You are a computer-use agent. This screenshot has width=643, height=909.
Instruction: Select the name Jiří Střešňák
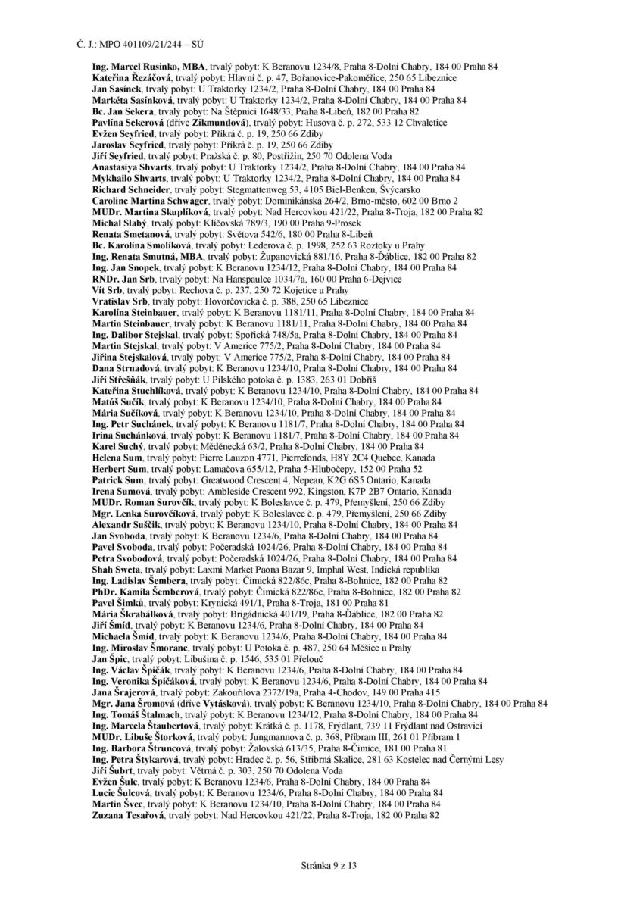point(120,378)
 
